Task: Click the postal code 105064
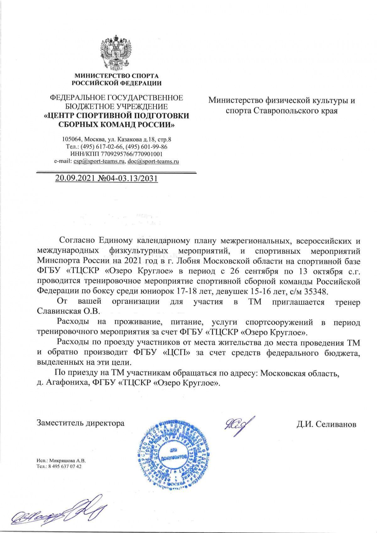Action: coord(72,139)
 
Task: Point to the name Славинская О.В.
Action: coord(68,311)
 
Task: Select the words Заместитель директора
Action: coord(81,423)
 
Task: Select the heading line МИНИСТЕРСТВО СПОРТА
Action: coord(116,76)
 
